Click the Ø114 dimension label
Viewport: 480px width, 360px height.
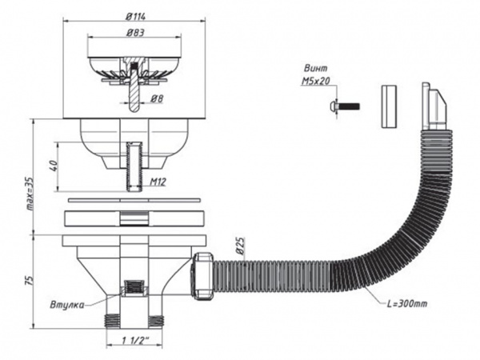coord(135,16)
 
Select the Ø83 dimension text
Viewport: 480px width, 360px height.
coord(135,33)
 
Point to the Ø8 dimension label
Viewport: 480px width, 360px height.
coord(157,98)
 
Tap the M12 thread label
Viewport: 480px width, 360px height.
coord(158,182)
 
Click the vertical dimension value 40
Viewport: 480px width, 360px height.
coord(54,166)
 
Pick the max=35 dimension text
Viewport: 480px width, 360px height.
coord(30,193)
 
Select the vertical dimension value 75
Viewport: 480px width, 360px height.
coord(29,281)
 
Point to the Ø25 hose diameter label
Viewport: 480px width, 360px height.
coord(241,246)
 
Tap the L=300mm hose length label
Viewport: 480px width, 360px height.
coord(407,304)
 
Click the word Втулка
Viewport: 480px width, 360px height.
coord(66,305)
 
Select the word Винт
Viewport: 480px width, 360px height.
coord(315,68)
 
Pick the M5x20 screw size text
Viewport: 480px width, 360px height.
coord(316,81)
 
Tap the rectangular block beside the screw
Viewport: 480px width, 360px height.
coord(389,106)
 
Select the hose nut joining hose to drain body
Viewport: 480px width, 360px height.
coord(202,275)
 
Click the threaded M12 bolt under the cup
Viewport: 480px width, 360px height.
coord(134,167)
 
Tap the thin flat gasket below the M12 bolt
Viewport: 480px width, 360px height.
coord(134,200)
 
